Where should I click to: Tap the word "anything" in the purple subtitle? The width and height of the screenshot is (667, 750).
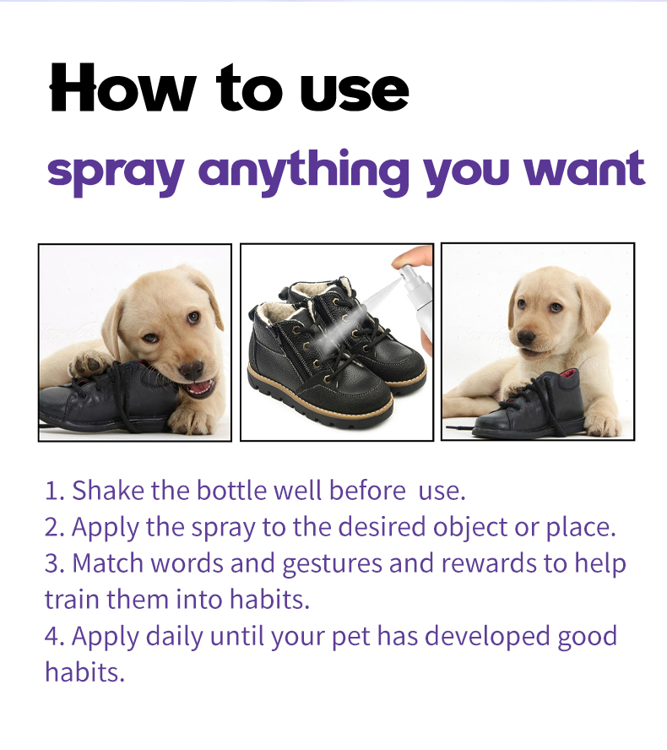pos(304,171)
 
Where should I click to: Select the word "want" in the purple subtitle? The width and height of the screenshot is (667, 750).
pos(584,168)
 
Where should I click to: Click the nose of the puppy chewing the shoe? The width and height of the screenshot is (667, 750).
pos(192,370)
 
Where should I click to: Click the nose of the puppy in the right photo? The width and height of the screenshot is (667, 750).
pos(526,337)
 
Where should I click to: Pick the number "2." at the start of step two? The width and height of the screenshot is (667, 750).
pos(55,527)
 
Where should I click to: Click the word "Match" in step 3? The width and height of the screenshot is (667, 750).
pos(107,563)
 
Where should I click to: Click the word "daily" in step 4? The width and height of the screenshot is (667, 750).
pos(174,637)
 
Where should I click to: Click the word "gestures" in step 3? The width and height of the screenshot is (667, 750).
pos(332,565)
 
